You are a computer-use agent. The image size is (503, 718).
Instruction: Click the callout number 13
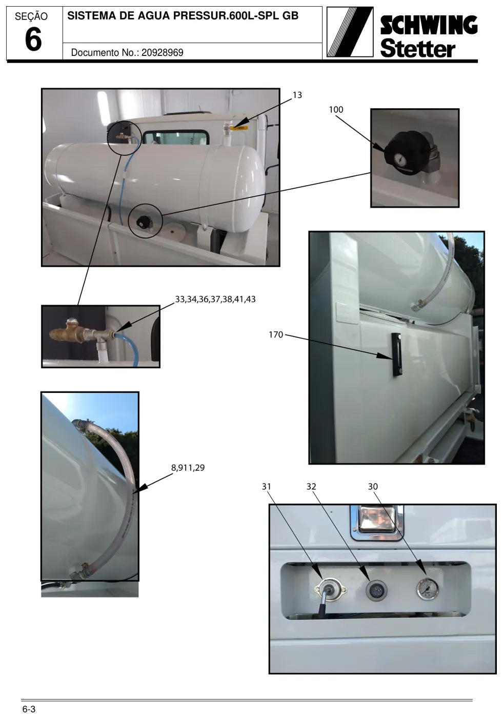(297, 95)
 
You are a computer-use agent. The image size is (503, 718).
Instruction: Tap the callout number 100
(336, 110)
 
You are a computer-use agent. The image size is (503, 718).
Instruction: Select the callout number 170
(275, 334)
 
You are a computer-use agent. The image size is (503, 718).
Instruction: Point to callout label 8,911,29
(188, 468)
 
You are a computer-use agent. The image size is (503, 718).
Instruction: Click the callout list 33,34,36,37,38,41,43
(215, 300)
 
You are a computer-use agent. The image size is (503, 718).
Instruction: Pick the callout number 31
(266, 487)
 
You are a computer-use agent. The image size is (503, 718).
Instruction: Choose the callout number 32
(311, 487)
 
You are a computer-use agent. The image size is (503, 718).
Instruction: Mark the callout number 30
(373, 487)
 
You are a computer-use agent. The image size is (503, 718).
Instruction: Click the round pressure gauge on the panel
(428, 589)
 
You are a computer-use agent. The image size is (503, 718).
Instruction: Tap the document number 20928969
(163, 52)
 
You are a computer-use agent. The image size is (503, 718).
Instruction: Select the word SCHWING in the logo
(429, 25)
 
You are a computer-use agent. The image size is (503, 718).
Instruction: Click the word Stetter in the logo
(418, 48)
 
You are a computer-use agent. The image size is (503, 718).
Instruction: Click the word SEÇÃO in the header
(31, 16)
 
